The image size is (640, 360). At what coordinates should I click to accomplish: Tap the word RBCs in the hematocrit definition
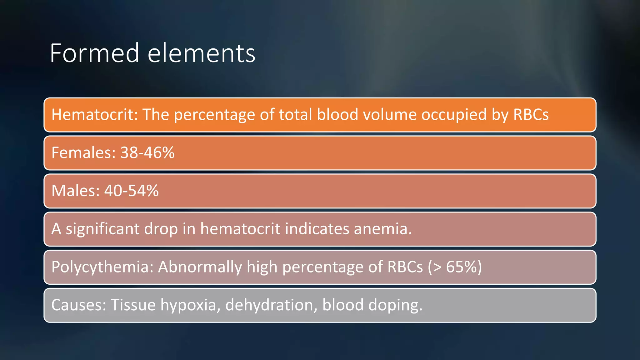(x=531, y=115)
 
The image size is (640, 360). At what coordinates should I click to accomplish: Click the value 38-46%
(x=147, y=153)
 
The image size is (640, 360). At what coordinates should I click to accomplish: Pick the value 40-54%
(x=131, y=191)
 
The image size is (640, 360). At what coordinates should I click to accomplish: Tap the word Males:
(x=75, y=191)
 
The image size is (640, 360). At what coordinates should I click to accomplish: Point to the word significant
(x=102, y=229)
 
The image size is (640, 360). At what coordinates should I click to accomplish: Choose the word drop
(x=161, y=229)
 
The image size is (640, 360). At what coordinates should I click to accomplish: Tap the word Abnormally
(x=200, y=267)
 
